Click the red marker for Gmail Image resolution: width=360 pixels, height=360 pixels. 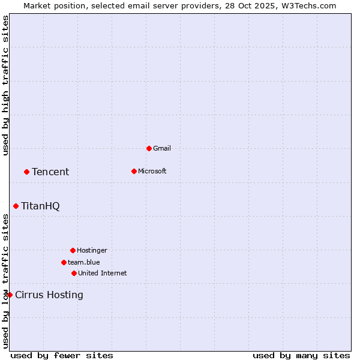(x=149, y=148)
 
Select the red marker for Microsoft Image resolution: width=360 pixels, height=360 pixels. (x=134, y=171)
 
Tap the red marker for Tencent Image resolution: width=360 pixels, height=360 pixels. (x=26, y=172)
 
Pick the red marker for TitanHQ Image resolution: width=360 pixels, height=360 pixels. (x=16, y=206)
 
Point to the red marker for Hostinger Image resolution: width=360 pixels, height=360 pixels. (x=73, y=250)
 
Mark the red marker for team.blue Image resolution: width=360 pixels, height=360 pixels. (x=64, y=262)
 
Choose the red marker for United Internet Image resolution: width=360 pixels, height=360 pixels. (x=74, y=273)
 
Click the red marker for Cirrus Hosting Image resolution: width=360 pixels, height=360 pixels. (x=10, y=295)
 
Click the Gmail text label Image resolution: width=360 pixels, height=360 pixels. (x=162, y=148)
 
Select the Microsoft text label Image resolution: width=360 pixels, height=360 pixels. (x=152, y=171)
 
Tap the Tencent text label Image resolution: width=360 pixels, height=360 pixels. (x=50, y=172)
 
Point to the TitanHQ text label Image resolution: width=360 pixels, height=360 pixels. (x=40, y=206)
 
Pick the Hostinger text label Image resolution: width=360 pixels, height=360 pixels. (x=92, y=250)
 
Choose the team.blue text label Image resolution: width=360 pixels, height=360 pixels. (x=84, y=262)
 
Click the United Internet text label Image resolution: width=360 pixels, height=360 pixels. (x=103, y=273)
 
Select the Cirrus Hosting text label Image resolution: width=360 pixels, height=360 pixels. (x=49, y=295)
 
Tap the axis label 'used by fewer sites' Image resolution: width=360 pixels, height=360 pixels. (x=62, y=355)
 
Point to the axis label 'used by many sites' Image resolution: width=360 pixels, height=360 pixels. (x=301, y=355)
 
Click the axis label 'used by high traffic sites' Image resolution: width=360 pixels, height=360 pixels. (x=6, y=85)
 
